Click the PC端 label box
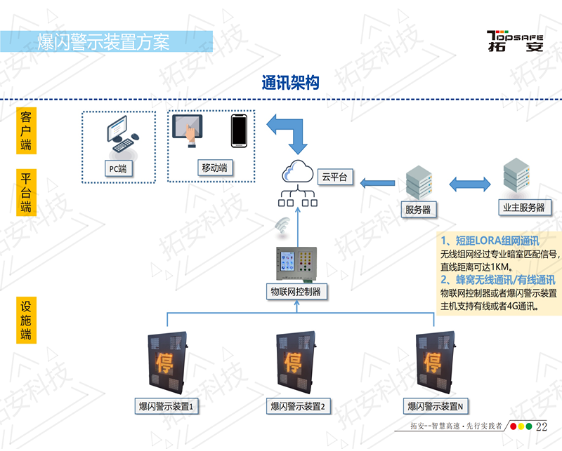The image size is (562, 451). click(x=117, y=168)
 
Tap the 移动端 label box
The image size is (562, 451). click(x=214, y=168)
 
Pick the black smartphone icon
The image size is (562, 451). click(x=240, y=131)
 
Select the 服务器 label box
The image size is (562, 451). click(x=417, y=209)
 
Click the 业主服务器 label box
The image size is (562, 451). click(x=523, y=207)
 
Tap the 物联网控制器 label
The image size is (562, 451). click(x=296, y=290)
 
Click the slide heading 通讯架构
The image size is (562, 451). click(x=290, y=83)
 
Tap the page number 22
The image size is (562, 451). click(x=541, y=426)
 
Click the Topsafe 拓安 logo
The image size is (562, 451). click(x=515, y=41)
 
